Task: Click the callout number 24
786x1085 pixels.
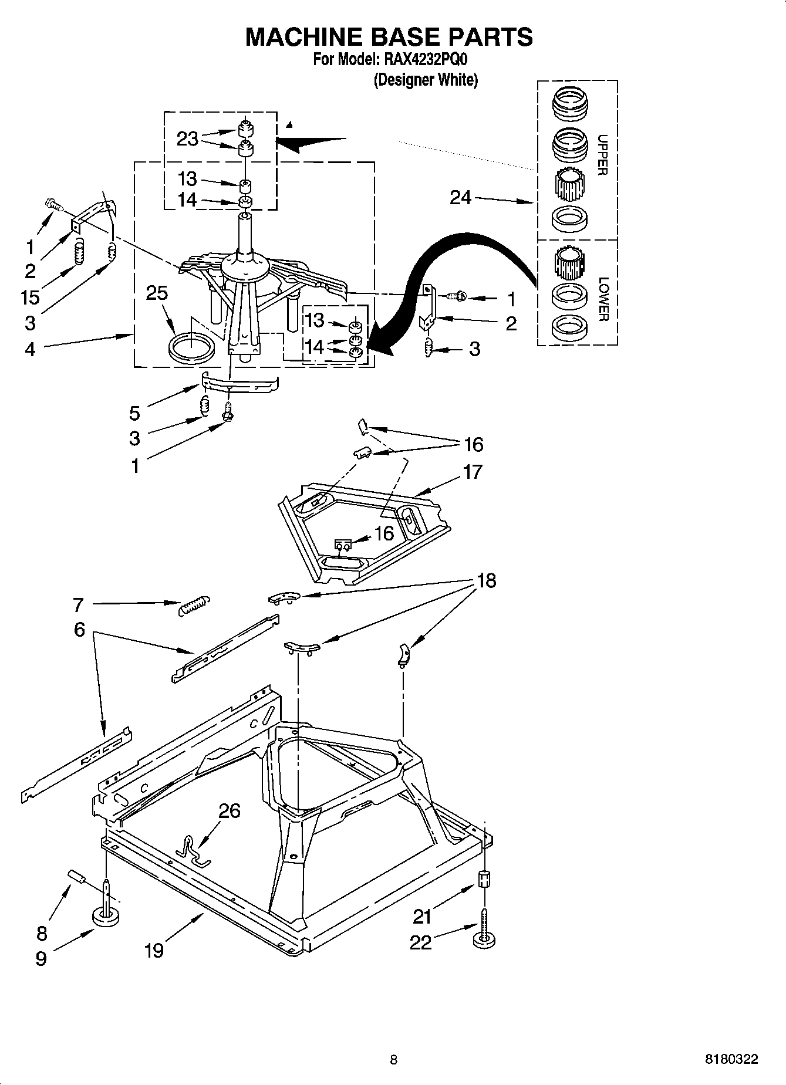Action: [461, 198]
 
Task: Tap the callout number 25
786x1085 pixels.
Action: [157, 293]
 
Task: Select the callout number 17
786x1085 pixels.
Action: [473, 472]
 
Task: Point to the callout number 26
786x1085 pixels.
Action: [230, 811]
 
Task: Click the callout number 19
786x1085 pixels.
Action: [154, 950]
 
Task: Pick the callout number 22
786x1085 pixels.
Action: [421, 942]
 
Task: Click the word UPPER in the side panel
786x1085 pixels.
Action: [602, 155]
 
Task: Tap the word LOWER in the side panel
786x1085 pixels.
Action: [602, 299]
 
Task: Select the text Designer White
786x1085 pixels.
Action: [426, 80]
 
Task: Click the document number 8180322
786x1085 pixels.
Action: [731, 1059]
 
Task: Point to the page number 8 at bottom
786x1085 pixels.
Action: [393, 1059]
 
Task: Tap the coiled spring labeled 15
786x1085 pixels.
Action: [79, 253]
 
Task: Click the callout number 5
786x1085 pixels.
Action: [135, 413]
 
